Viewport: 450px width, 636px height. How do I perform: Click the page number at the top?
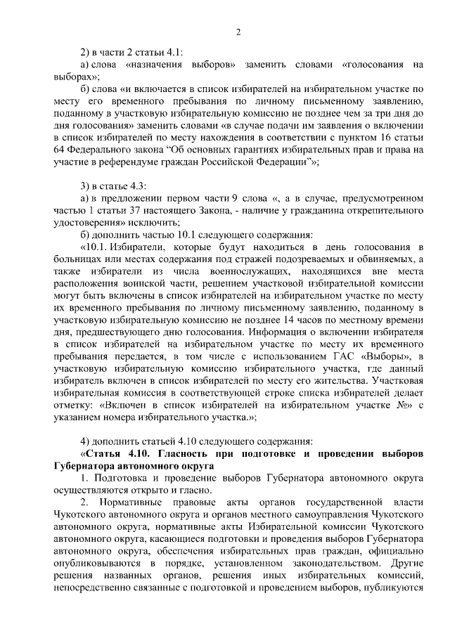[x=238, y=32]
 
